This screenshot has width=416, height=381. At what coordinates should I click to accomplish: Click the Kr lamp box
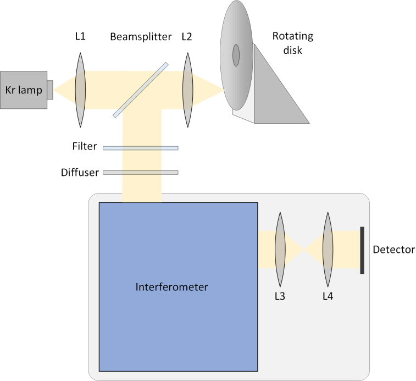point(23,90)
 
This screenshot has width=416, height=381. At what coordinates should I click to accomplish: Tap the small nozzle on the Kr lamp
point(49,90)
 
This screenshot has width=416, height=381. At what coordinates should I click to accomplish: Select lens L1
point(80,90)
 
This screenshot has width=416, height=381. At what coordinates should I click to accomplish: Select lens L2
point(188,90)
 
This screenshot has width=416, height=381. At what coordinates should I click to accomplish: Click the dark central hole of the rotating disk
point(236,55)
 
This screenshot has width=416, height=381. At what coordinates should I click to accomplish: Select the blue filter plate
point(140,148)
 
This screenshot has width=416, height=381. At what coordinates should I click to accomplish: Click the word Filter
point(84,147)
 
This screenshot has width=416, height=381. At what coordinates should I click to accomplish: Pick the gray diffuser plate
point(140,173)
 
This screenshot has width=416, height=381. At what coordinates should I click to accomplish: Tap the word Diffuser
point(80,173)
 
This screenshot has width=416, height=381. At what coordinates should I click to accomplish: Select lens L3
point(280,249)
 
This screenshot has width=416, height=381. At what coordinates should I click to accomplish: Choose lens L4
point(328,249)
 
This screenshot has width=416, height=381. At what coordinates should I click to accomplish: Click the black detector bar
point(362,250)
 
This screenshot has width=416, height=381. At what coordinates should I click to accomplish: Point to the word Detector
point(393,250)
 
